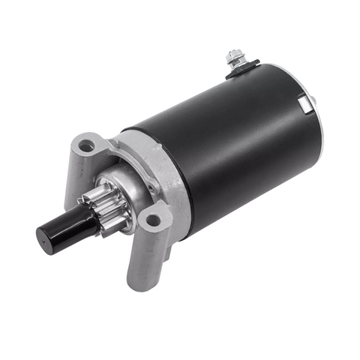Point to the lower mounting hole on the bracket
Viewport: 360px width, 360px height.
pos(154,220)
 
